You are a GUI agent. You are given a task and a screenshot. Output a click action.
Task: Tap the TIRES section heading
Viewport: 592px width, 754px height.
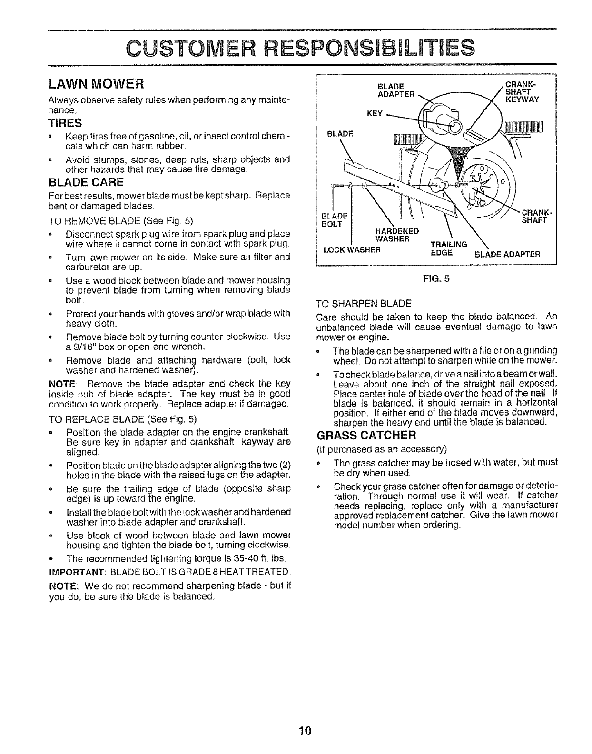tap(65, 123)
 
